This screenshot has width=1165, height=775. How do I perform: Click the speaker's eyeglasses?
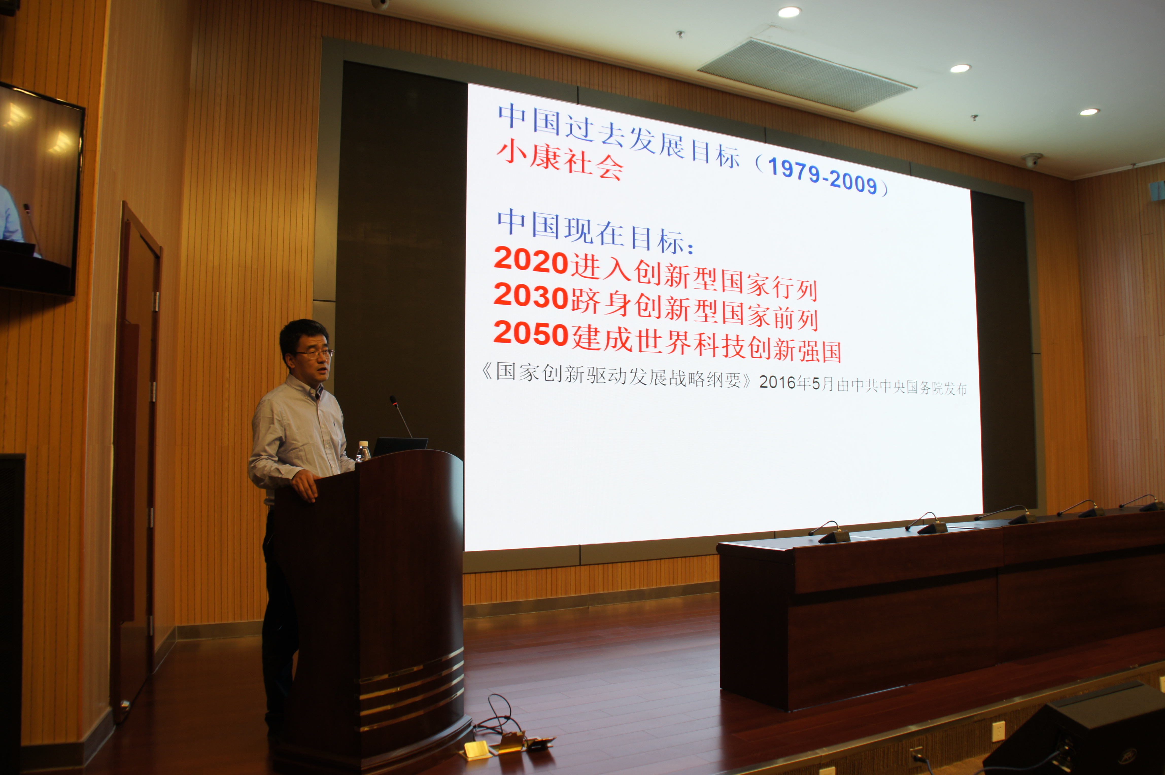[x=314, y=354]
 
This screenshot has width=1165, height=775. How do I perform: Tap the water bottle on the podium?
[x=363, y=451]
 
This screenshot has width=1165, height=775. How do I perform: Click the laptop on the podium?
[x=400, y=446]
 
